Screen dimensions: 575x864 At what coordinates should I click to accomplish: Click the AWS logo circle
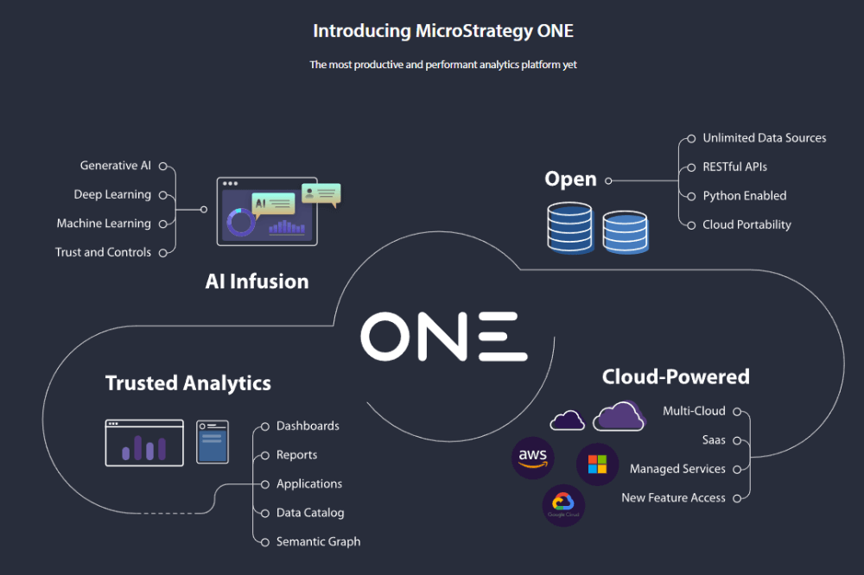tap(533, 458)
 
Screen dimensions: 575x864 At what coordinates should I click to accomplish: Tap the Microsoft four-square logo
tap(597, 464)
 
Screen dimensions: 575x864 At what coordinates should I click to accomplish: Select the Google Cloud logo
tap(562, 505)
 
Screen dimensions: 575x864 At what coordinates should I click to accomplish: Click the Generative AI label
tap(115, 166)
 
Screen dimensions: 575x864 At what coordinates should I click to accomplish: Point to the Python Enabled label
tap(744, 196)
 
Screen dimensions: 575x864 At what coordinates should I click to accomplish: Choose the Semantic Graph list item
tap(318, 542)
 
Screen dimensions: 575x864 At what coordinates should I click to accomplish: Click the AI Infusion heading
tap(257, 281)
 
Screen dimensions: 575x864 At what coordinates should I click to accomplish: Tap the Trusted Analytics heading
tap(187, 383)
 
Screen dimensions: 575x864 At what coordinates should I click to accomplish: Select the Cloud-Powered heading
tap(675, 377)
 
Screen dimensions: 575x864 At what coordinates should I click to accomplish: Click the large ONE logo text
tap(443, 337)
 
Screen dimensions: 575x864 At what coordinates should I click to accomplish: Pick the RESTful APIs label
tap(734, 167)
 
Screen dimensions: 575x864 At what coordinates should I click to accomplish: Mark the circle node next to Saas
tap(737, 440)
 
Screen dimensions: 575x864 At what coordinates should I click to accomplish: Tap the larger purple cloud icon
tap(619, 416)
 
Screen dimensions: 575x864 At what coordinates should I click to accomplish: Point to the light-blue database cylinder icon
tap(625, 231)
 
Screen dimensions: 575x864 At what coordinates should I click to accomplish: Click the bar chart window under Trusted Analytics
tap(144, 443)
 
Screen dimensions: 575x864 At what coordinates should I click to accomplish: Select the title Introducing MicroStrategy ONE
tap(442, 31)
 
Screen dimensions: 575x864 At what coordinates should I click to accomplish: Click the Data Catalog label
tap(309, 513)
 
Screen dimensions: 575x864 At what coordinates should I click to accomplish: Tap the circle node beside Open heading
tap(608, 180)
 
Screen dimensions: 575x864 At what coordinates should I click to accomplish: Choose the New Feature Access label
tap(673, 498)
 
